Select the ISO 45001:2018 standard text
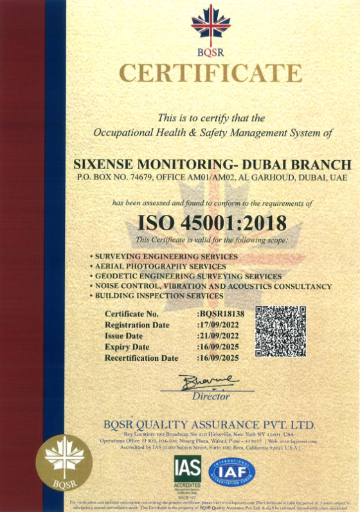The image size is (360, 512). click(x=212, y=223)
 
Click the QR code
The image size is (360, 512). click(x=281, y=331)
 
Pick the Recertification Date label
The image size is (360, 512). click(x=141, y=358)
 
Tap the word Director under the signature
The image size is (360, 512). click(x=211, y=396)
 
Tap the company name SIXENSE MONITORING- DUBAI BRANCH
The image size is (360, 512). click(x=212, y=165)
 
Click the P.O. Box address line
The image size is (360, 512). click(x=212, y=176)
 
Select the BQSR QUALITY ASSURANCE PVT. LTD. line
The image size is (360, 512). click(x=210, y=425)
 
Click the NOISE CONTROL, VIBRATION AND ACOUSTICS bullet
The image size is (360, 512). click(x=213, y=286)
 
